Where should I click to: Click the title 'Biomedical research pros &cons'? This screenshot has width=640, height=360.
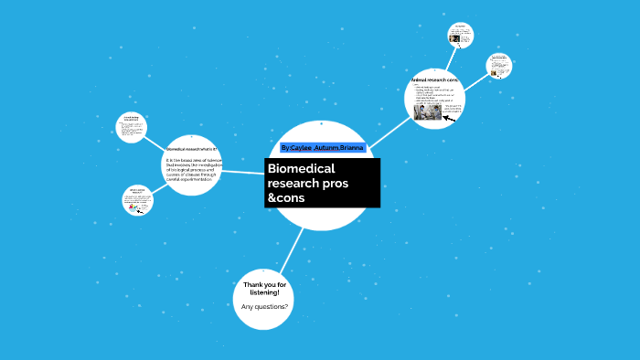click(x=321, y=183)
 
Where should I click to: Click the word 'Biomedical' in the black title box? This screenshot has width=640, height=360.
click(x=302, y=169)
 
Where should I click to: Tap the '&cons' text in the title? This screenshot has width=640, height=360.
click(x=285, y=198)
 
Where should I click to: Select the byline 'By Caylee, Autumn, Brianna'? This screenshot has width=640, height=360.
click(x=323, y=147)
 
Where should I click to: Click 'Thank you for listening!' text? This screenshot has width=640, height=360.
click(x=264, y=290)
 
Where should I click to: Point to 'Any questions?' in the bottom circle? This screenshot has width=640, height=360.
click(x=264, y=306)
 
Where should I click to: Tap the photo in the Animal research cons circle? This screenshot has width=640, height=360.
click(x=427, y=112)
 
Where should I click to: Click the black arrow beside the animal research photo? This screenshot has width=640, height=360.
click(x=449, y=118)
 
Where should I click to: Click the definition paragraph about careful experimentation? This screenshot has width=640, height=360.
click(x=194, y=170)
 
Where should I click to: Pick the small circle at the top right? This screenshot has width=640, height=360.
click(x=461, y=35)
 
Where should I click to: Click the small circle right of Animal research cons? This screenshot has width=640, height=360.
click(x=498, y=65)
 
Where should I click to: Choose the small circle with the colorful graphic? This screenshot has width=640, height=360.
click(x=137, y=200)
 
